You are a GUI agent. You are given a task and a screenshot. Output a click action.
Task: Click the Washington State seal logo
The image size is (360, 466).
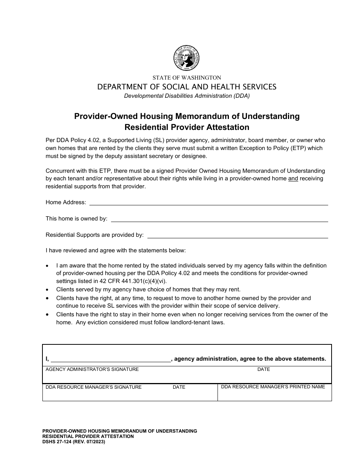[186, 58]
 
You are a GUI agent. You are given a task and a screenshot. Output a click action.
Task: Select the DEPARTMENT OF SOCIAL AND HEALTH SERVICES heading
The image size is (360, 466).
[187, 87]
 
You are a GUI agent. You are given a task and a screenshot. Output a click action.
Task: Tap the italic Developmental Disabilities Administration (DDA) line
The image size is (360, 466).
[187, 96]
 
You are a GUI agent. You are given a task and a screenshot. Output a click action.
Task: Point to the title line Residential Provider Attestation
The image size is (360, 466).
[187, 127]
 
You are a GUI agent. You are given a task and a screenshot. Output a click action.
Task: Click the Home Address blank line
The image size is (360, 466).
[208, 203]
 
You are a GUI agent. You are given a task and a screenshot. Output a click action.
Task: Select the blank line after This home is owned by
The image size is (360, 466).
[219, 219]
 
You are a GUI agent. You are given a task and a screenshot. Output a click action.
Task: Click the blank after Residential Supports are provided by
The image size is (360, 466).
[237, 235]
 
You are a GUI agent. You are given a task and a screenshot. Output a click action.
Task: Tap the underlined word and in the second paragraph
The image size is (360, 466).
[293, 179]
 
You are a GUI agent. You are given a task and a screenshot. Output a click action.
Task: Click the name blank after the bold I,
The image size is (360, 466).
[111, 359]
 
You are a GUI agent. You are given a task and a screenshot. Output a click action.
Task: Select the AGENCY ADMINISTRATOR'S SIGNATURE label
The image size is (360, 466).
[92, 369]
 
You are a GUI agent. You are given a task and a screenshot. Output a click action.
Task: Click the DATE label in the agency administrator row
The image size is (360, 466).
[263, 369]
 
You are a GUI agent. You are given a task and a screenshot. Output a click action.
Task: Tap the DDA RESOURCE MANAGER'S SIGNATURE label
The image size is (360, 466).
[94, 387]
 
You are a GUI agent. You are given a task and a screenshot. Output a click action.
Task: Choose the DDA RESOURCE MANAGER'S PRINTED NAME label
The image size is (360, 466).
[273, 387]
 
